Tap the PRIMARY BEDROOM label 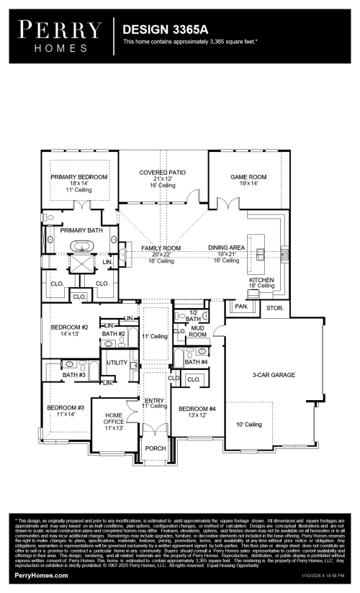click(x=78, y=177)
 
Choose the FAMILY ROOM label click(x=161, y=248)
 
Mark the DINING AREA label click(x=227, y=248)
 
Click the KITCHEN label click(x=261, y=280)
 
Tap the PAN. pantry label click(x=240, y=306)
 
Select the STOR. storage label click(x=274, y=308)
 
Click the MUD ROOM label click(x=197, y=331)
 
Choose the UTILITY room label click(x=117, y=363)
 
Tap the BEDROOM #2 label click(x=69, y=327)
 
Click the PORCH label click(x=156, y=448)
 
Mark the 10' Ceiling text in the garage click(x=249, y=425)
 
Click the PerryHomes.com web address click(x=40, y=578)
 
